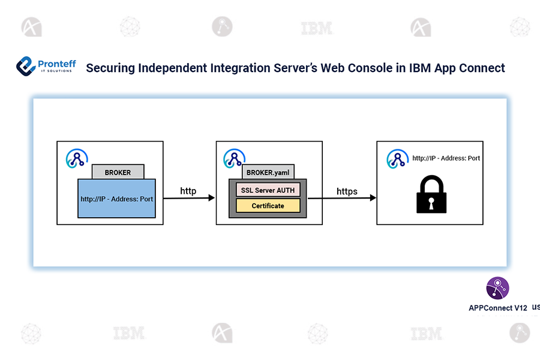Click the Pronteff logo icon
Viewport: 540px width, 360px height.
click(x=26, y=66)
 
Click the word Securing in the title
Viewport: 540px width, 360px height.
click(x=110, y=68)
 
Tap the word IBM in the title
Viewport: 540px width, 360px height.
click(x=421, y=68)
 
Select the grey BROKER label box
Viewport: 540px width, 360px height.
click(x=118, y=172)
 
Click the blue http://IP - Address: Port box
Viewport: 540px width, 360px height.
click(x=116, y=199)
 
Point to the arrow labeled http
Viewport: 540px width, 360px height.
click(x=188, y=197)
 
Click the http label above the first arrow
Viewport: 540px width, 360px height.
click(x=188, y=191)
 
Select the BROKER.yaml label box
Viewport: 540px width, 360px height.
click(x=268, y=172)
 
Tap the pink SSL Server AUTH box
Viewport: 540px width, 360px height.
click(x=268, y=190)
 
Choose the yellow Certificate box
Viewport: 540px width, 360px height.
click(x=268, y=206)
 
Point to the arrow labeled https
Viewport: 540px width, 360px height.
click(x=342, y=197)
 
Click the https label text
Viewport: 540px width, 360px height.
click(x=347, y=191)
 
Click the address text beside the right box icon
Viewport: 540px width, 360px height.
click(x=446, y=158)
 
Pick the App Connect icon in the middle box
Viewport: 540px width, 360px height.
click(x=233, y=158)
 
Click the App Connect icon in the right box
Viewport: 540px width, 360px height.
click(x=396, y=158)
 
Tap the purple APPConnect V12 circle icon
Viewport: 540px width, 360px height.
click(x=497, y=288)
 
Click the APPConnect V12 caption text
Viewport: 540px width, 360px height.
click(x=497, y=308)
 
